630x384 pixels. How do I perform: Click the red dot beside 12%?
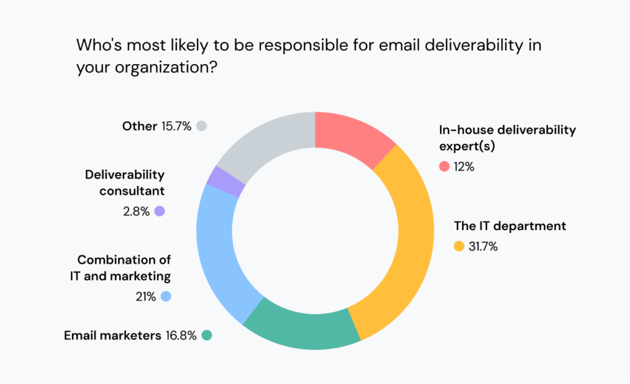point(444,166)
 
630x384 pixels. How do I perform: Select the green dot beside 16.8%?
point(207,335)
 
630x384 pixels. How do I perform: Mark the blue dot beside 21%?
point(165,297)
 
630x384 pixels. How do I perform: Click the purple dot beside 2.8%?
point(160,211)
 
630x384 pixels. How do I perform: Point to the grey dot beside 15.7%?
point(201,126)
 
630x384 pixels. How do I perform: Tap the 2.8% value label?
point(136,211)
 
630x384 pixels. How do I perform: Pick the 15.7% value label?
point(177,126)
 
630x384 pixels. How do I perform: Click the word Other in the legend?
point(139,126)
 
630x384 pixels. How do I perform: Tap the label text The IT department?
point(510,226)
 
